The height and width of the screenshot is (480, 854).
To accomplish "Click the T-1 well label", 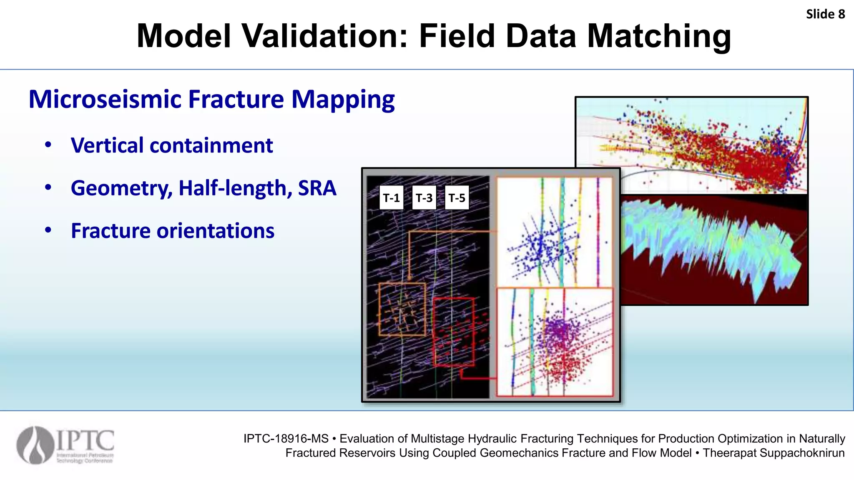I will click(391, 198).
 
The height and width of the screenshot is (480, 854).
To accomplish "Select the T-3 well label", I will click(424, 198).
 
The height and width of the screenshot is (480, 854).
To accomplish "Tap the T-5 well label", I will click(457, 198).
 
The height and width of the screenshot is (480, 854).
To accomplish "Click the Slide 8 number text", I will click(825, 14).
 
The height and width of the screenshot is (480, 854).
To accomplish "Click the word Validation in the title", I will click(325, 36).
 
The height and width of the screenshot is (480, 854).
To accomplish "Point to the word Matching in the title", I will click(659, 36).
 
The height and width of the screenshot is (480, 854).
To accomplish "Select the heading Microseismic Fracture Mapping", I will click(211, 100).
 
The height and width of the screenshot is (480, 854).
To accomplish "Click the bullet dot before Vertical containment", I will click(48, 145).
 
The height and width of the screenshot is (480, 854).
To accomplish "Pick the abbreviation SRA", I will click(317, 188).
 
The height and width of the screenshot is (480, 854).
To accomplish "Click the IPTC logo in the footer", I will click(65, 445).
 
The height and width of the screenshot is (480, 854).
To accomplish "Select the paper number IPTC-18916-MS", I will click(286, 439).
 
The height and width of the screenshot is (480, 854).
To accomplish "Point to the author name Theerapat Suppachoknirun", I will click(774, 453).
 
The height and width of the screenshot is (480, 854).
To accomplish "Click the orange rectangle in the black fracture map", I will click(402, 309).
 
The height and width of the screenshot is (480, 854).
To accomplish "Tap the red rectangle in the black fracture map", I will click(454, 332).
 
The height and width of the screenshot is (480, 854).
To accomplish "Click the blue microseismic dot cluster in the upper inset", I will click(538, 248).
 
